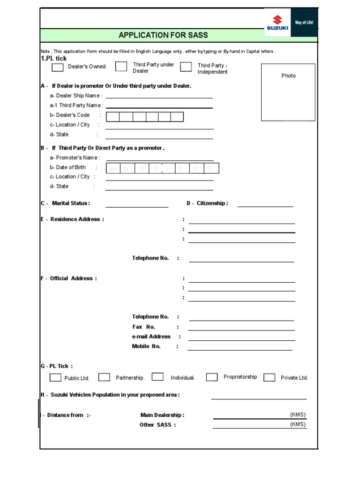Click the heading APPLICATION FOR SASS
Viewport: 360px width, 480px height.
(x=163, y=35)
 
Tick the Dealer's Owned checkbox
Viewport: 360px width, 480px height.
(x=58, y=67)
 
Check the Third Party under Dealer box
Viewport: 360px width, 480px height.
(x=121, y=67)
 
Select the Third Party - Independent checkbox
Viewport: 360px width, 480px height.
(x=186, y=67)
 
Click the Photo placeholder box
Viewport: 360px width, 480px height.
(x=288, y=92)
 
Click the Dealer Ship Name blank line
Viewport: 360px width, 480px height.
(x=159, y=96)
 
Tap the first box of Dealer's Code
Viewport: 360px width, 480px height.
(x=112, y=117)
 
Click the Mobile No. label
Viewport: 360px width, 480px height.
(x=146, y=346)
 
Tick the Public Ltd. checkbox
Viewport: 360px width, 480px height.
(x=55, y=377)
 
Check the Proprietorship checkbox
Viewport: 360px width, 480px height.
(x=212, y=377)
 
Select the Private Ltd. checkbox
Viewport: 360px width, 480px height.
(x=269, y=377)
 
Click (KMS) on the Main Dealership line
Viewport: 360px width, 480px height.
(x=298, y=414)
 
